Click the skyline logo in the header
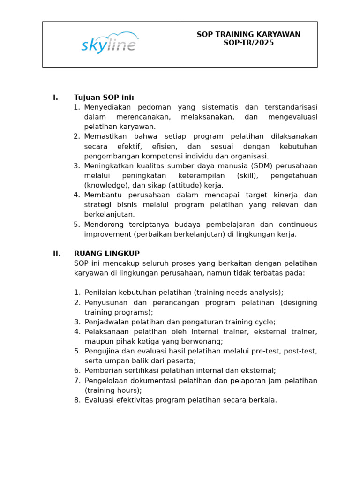point(110,44)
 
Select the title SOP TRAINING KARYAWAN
point(248,35)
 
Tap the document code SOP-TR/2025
point(248,43)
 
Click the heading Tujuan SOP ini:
point(104,97)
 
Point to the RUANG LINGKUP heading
point(107,254)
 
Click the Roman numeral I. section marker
point(55,97)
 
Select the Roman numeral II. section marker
point(57,254)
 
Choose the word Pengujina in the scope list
point(101,351)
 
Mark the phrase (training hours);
point(113,390)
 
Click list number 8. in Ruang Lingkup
point(77,400)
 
